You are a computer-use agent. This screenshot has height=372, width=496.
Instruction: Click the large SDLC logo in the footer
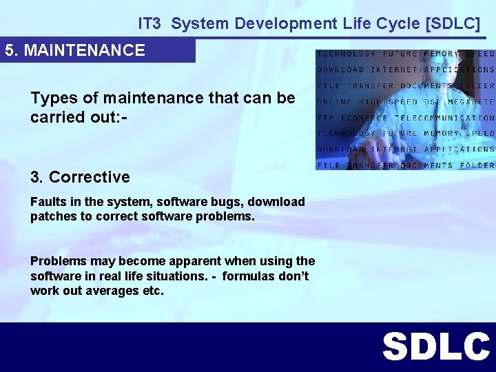point(435,347)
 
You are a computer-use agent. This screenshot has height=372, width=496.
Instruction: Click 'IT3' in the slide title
point(149,23)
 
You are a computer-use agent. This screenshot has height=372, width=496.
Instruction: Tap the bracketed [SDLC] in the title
point(453,23)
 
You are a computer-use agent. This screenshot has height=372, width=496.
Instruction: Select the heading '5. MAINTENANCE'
point(75,50)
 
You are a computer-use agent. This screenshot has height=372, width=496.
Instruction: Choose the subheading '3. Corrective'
point(80,177)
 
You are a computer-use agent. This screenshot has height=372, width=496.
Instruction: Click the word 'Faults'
point(47,202)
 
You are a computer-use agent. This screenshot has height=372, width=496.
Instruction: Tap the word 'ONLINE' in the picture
point(335,102)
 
